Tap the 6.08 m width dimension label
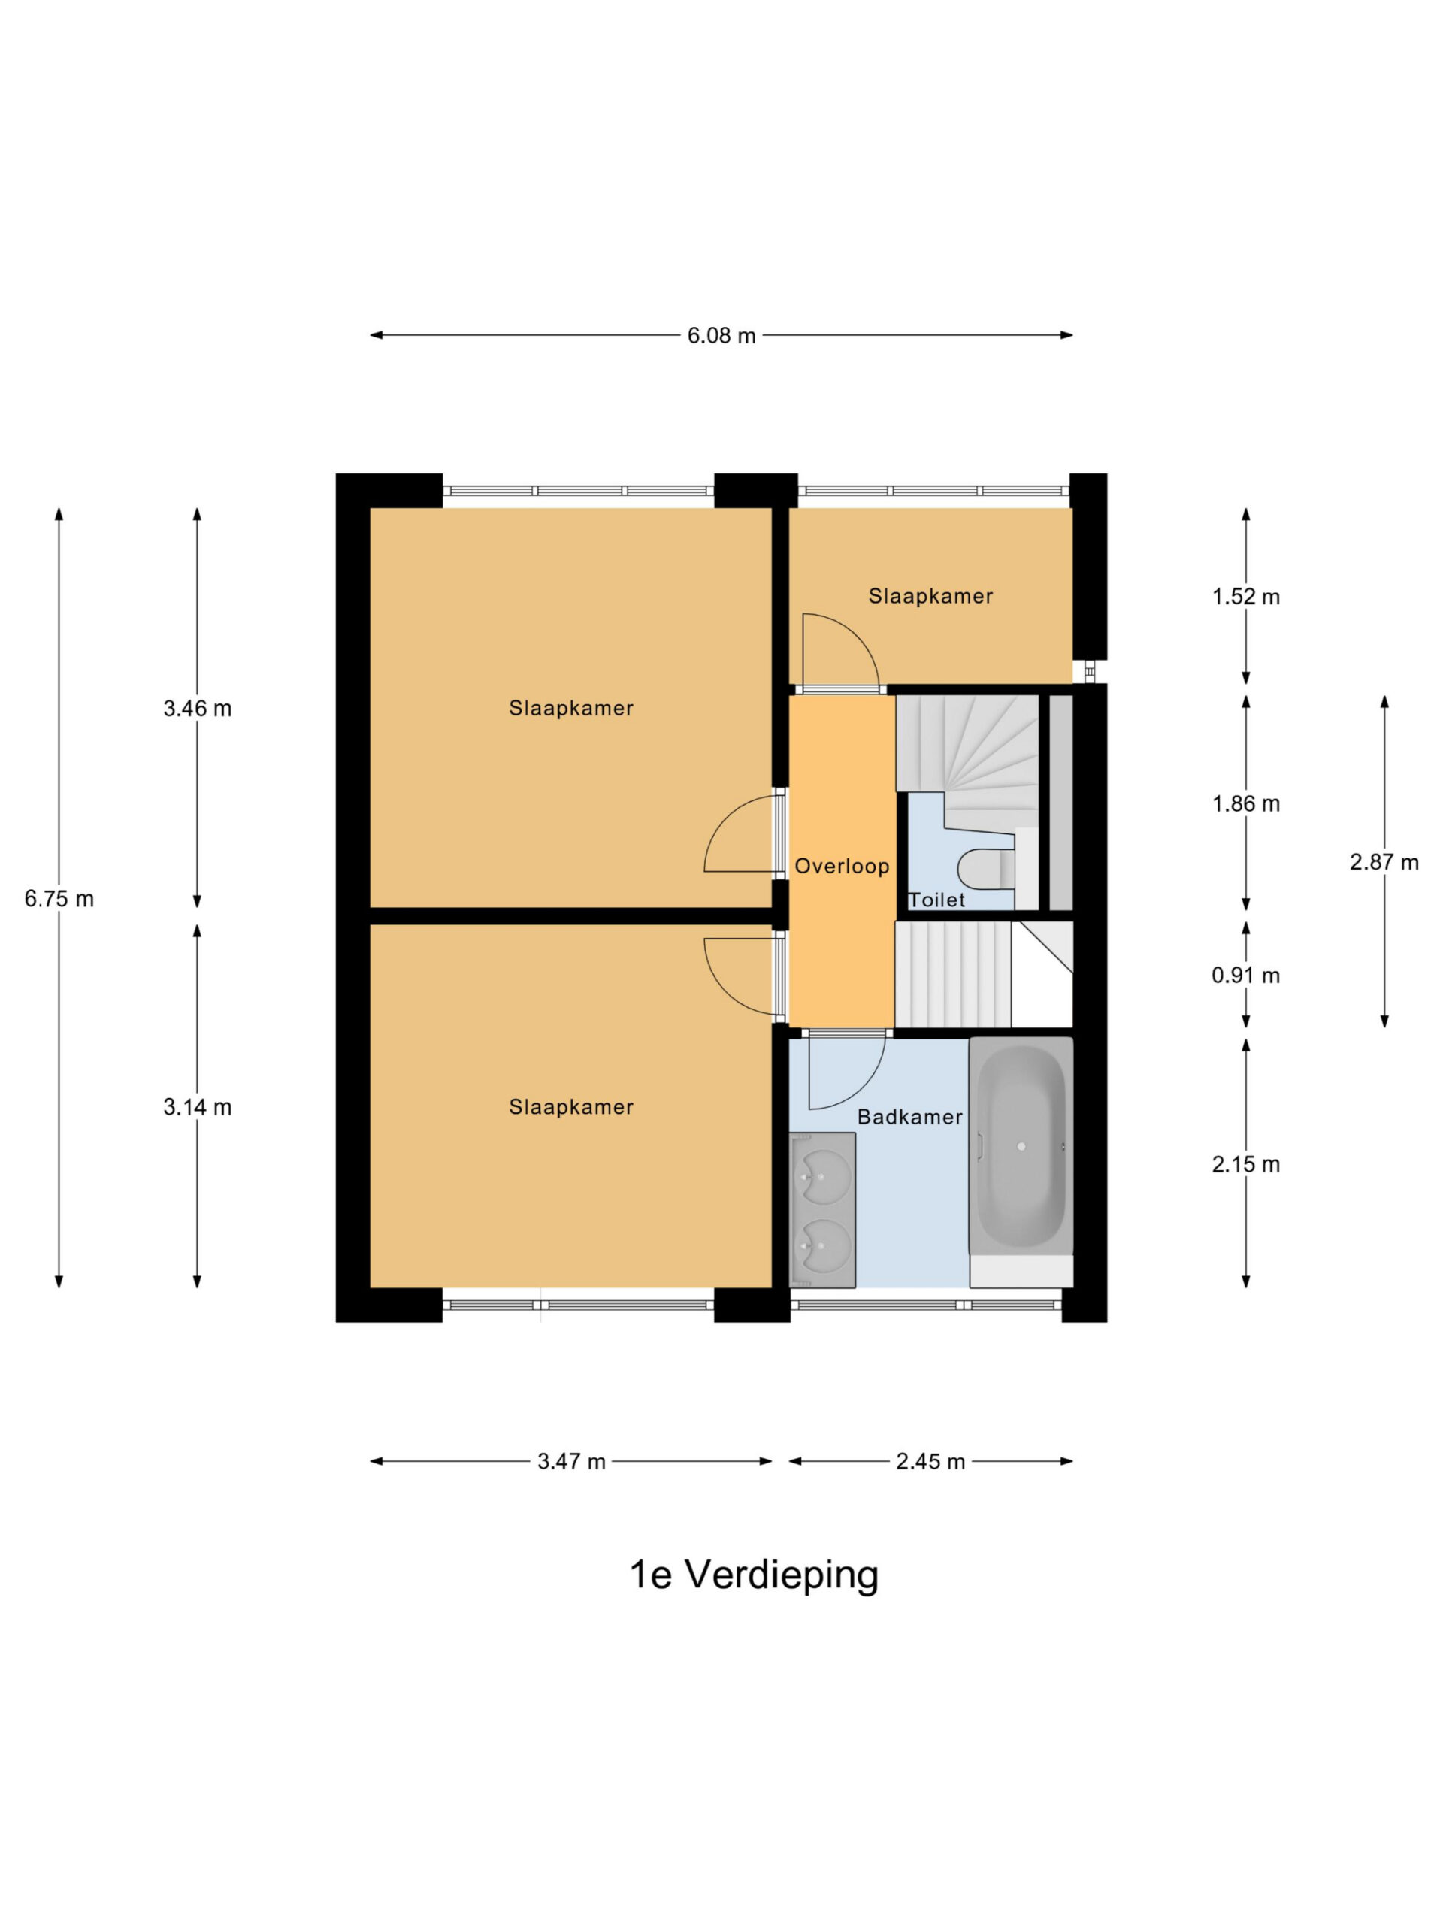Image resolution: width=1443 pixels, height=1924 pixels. pyautogui.click(x=721, y=336)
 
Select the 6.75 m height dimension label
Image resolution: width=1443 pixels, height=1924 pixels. pyautogui.click(x=59, y=899)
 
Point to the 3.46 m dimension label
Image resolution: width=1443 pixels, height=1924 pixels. pyautogui.click(x=198, y=708)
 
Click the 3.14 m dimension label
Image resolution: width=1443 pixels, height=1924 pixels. pyautogui.click(x=198, y=1107)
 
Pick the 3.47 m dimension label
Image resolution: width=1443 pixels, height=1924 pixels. pyautogui.click(x=571, y=1461)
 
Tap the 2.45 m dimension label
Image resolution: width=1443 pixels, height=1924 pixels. pyautogui.click(x=930, y=1461)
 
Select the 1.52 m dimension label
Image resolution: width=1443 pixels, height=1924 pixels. pyautogui.click(x=1245, y=597)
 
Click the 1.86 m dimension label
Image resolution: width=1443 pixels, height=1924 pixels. pyautogui.click(x=1245, y=803)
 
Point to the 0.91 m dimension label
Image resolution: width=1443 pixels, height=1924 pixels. pyautogui.click(x=1245, y=975)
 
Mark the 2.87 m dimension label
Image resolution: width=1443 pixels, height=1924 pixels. pyautogui.click(x=1384, y=862)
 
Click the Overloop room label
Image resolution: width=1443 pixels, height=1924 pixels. pyautogui.click(x=842, y=867)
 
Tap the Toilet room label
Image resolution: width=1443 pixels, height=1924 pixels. pyautogui.click(x=936, y=900)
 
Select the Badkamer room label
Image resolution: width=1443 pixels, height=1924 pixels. pyautogui.click(x=910, y=1117)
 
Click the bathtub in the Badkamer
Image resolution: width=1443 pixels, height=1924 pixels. pyautogui.click(x=1021, y=1145)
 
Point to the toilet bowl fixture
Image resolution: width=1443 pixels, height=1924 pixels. pyautogui.click(x=985, y=868)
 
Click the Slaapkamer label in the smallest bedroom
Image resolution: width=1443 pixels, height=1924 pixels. pyautogui.click(x=930, y=596)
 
